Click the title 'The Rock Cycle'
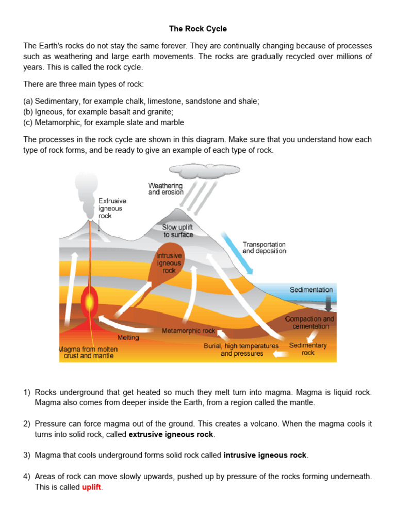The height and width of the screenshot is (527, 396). (x=198, y=29)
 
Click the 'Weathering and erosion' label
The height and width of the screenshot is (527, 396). (x=166, y=189)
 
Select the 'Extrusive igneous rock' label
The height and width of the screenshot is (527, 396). (x=112, y=208)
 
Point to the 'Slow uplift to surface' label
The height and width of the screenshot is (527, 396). (x=178, y=231)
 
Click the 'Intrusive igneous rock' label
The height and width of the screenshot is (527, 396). (x=169, y=262)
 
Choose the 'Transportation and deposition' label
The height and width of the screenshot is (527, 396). (x=264, y=248)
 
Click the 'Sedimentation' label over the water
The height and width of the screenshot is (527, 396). (x=311, y=290)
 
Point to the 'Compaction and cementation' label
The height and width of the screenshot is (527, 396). (x=310, y=323)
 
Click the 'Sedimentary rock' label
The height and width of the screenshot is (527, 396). (x=308, y=349)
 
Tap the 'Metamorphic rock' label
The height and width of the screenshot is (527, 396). (x=188, y=331)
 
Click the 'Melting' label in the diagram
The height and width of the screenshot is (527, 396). (x=128, y=338)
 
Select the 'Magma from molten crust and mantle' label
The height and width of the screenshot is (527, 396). (x=88, y=353)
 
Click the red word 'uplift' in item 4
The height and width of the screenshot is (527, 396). (x=92, y=487)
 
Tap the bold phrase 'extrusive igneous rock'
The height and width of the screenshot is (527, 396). (x=171, y=434)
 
